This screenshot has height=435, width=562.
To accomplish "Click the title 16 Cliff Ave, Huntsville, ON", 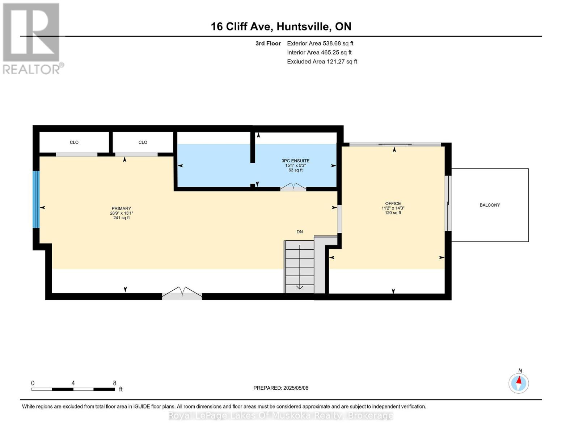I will [281, 26].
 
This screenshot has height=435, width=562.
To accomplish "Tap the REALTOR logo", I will [31, 38].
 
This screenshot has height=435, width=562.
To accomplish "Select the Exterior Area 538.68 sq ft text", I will [320, 43].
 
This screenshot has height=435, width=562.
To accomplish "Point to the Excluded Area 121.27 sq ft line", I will [322, 62].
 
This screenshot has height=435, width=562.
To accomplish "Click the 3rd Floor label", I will [268, 43].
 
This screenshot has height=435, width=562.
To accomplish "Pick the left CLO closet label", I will [74, 142].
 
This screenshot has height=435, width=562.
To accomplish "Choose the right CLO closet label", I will [143, 142].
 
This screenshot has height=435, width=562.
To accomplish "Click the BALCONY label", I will [490, 205].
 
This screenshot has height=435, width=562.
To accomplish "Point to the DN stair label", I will [300, 232].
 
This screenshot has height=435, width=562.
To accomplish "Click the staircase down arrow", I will [300, 286].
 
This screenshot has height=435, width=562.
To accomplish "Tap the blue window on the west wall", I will [36, 199].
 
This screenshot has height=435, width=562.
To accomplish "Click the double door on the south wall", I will [182, 294].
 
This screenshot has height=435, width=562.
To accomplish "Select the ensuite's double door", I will [293, 187].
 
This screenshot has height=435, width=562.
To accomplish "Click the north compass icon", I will [519, 383].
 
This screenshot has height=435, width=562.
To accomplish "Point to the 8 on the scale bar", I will [115, 383].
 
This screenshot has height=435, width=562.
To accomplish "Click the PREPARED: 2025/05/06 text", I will [281, 388].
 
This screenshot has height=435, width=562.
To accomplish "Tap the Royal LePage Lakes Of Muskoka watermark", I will [281, 416].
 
